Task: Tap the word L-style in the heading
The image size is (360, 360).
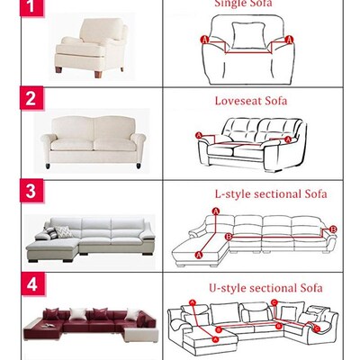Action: coord(231,193)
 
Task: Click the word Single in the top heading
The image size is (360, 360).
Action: coord(229,4)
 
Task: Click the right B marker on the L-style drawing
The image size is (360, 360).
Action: coord(335,229)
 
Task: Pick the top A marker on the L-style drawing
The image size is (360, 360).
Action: coord(216,211)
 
